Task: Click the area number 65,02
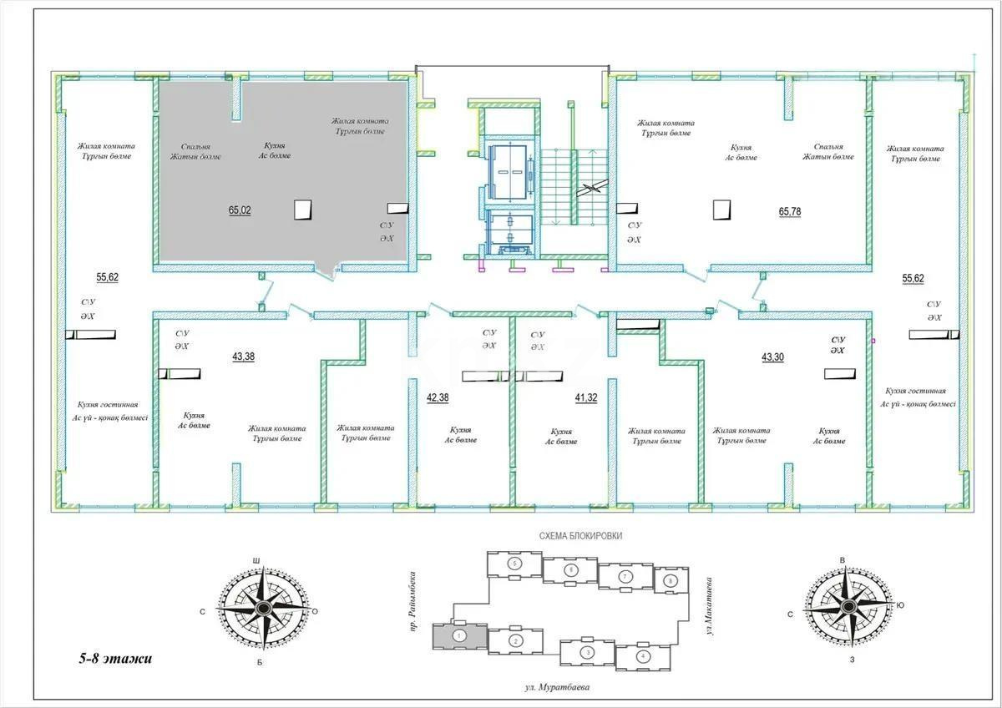pyautogui.click(x=240, y=210)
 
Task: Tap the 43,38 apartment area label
pyautogui.click(x=244, y=357)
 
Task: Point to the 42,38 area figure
pyautogui.click(x=438, y=397)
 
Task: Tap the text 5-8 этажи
pyautogui.click(x=110, y=659)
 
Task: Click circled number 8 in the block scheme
pyautogui.click(x=668, y=579)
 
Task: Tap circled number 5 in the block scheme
pyautogui.click(x=515, y=565)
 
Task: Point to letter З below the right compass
pyautogui.click(x=852, y=660)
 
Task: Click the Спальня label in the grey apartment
pyautogui.click(x=195, y=145)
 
